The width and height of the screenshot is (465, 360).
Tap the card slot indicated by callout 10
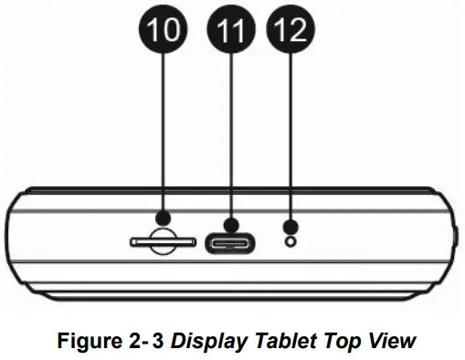point(163,243)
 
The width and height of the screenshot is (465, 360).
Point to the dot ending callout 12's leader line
point(291,226)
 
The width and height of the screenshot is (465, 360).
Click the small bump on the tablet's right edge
point(454,239)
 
